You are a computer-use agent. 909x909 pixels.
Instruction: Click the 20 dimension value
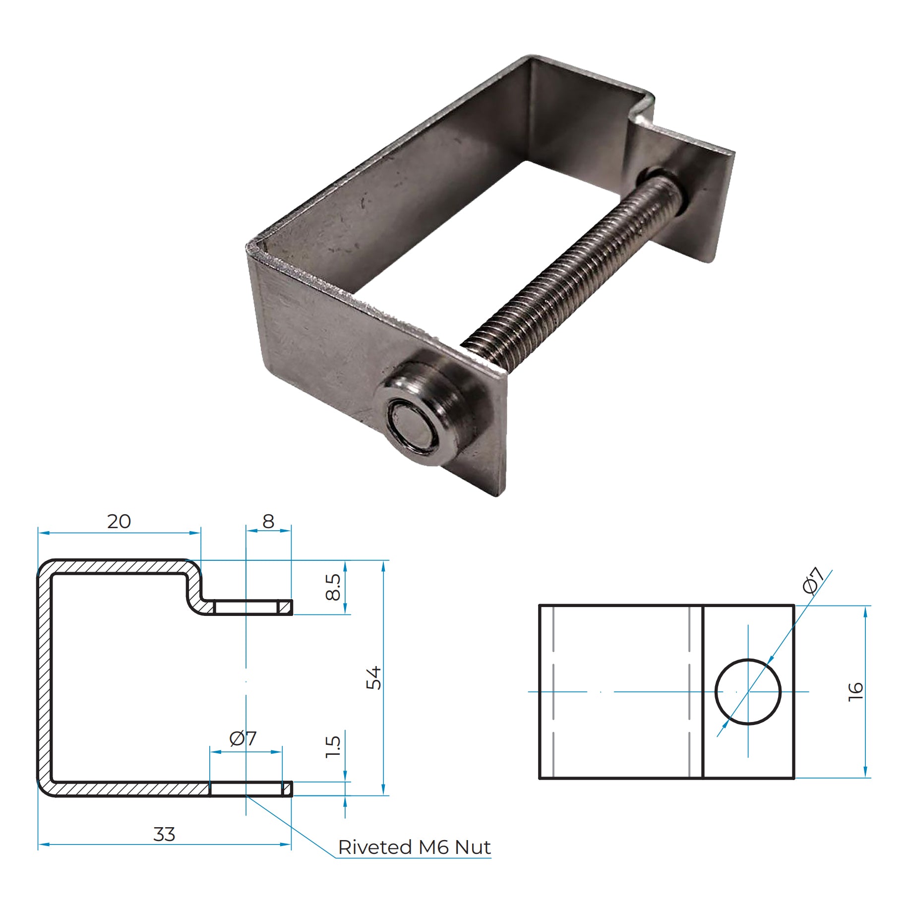[119, 521]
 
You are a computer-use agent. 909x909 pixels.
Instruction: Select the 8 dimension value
[268, 521]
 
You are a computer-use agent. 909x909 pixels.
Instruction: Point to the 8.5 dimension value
[333, 587]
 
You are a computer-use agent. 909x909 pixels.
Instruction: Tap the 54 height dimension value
[374, 677]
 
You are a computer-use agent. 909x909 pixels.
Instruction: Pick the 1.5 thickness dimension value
[333, 746]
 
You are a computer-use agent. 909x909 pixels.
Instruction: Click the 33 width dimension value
[164, 834]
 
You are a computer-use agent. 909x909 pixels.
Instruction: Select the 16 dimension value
[855, 691]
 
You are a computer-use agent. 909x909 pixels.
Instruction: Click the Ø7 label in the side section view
[243, 739]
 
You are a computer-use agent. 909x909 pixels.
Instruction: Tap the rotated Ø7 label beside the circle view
[814, 580]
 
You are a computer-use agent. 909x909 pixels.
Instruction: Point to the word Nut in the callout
[473, 847]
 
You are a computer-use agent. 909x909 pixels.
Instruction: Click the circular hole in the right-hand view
[748, 692]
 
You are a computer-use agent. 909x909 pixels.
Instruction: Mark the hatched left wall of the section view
[45, 677]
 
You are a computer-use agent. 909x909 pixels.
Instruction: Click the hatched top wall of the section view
[119, 567]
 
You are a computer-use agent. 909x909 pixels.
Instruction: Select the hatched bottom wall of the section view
[129, 789]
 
